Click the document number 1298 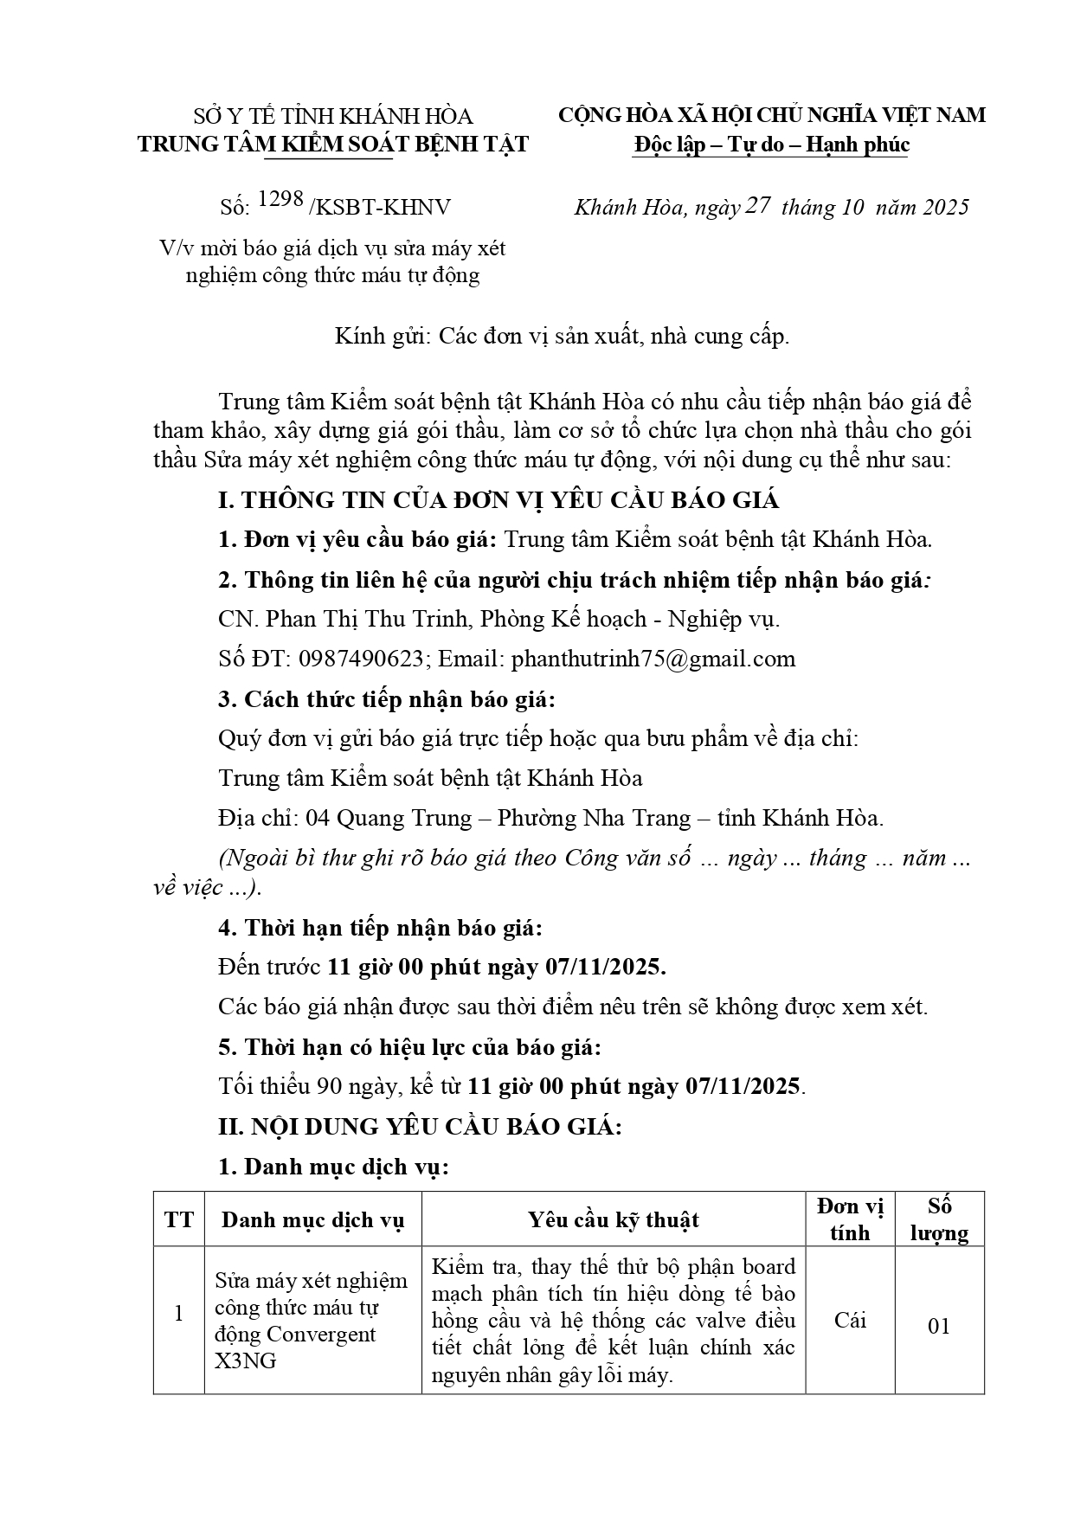(280, 201)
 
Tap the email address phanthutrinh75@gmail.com (653, 659)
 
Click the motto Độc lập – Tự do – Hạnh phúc (771, 145)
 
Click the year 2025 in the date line (945, 207)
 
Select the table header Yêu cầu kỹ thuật (614, 1219)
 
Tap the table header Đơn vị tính (850, 1219)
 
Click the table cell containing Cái (850, 1320)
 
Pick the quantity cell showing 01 (939, 1326)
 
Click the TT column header (179, 1219)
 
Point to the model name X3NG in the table (246, 1360)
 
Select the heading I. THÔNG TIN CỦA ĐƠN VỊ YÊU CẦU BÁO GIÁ (498, 500)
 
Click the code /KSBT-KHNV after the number (379, 208)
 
